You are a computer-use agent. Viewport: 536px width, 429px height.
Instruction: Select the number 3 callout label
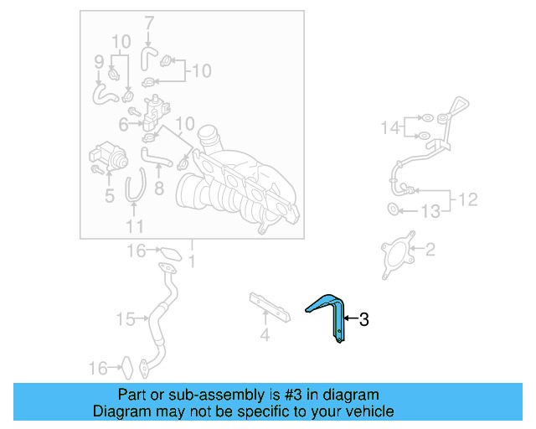pos(363,319)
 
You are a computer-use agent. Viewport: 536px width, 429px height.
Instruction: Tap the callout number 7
pos(149,23)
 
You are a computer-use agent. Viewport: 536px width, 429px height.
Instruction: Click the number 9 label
pos(99,61)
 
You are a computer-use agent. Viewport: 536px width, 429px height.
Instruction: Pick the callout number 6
pos(123,125)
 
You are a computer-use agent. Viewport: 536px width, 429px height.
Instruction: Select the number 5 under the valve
pos(109,197)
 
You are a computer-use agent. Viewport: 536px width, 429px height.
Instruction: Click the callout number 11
pos(135,226)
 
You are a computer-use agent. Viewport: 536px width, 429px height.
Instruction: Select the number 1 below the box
pos(192,262)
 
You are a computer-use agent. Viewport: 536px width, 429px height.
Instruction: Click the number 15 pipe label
pos(126,319)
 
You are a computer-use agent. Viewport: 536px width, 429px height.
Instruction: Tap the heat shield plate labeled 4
pos(268,308)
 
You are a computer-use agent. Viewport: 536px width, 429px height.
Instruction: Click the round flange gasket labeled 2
pos(398,254)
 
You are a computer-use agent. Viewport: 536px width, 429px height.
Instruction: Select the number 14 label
pos(391,127)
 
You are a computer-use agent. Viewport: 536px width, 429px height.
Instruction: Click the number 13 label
pos(429,212)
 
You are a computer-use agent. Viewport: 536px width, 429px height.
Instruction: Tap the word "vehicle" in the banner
pos(364,411)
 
